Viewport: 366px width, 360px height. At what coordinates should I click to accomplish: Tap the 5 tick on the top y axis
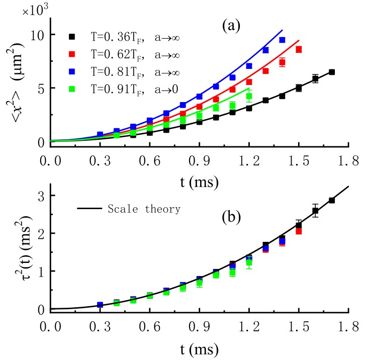[40, 88]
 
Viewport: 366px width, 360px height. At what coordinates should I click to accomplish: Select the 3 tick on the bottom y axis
[40, 195]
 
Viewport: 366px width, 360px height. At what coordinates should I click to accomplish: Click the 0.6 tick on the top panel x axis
[149, 160]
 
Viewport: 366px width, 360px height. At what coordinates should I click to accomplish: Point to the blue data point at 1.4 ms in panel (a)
[282, 40]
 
